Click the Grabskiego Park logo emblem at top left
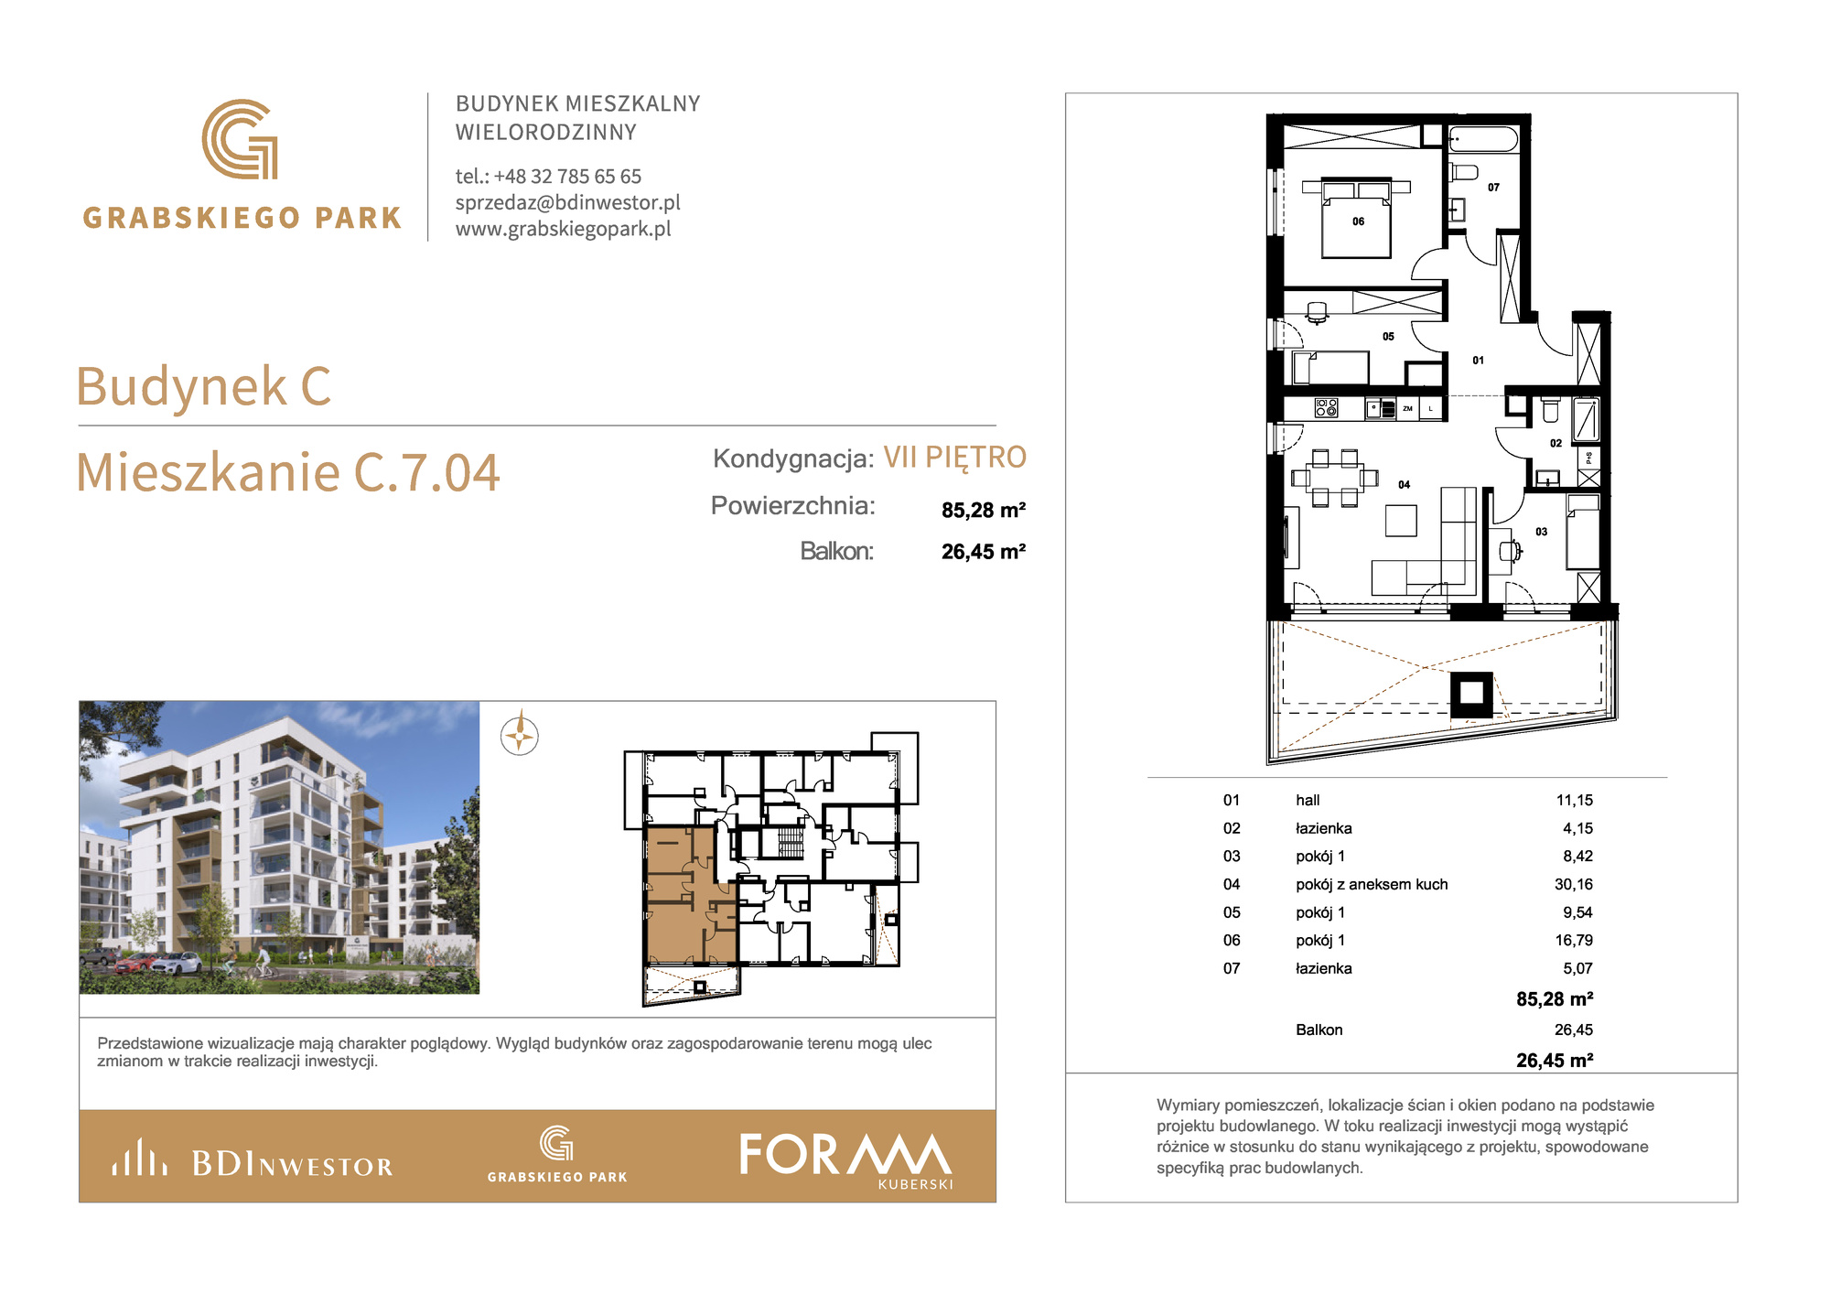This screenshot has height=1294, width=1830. click(240, 139)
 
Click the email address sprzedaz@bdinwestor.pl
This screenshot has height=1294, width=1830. click(567, 202)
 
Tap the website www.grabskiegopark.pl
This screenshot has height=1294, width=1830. click(563, 229)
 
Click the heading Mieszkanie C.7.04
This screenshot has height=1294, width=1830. click(287, 472)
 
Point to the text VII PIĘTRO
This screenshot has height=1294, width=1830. click(954, 457)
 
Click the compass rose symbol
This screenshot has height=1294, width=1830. click(520, 735)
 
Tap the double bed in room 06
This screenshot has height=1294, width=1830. click(1356, 220)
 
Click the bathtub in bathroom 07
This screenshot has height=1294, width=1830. click(1483, 140)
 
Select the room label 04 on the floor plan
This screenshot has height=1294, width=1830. click(1404, 485)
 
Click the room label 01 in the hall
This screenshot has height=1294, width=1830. click(1478, 361)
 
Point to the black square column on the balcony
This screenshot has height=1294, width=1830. click(1471, 695)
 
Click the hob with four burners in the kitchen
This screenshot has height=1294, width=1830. click(1326, 408)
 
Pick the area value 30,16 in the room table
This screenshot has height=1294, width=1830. click(1573, 884)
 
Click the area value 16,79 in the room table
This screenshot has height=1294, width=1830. click(1573, 940)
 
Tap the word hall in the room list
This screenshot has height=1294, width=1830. click(1308, 800)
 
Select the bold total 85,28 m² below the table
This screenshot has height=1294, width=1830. click(1555, 999)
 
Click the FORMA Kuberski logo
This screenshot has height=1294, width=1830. click(845, 1159)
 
